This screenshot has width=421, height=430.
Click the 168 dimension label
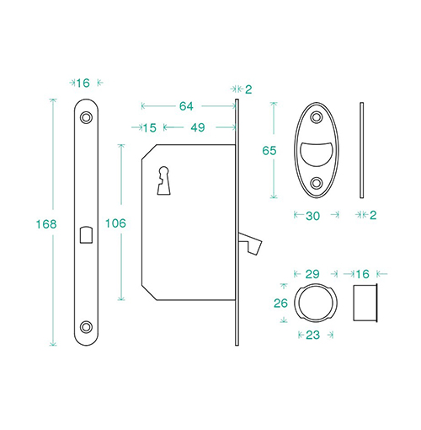point(46,224)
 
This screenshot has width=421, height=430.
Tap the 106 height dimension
point(115,223)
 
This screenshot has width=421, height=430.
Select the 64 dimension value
point(186,106)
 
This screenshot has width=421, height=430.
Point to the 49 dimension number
point(198,127)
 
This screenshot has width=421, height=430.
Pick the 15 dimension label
point(150,128)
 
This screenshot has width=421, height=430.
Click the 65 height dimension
point(269,151)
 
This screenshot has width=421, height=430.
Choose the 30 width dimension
point(312,216)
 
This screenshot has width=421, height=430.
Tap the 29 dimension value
point(312,274)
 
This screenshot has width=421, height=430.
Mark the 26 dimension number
point(280,304)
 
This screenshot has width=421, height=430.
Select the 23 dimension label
point(312,335)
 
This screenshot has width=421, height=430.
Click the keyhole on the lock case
point(164,180)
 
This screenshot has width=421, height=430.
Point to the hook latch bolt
point(251,243)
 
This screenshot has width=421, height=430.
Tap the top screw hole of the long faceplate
point(86,117)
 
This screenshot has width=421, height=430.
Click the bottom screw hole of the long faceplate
point(86,327)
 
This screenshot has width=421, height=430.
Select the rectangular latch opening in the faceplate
point(86,234)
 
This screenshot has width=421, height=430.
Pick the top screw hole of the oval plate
point(317,117)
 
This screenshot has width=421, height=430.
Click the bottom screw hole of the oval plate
point(317,183)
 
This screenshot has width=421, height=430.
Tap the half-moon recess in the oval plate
point(317,153)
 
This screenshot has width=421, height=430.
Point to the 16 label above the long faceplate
point(83,83)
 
